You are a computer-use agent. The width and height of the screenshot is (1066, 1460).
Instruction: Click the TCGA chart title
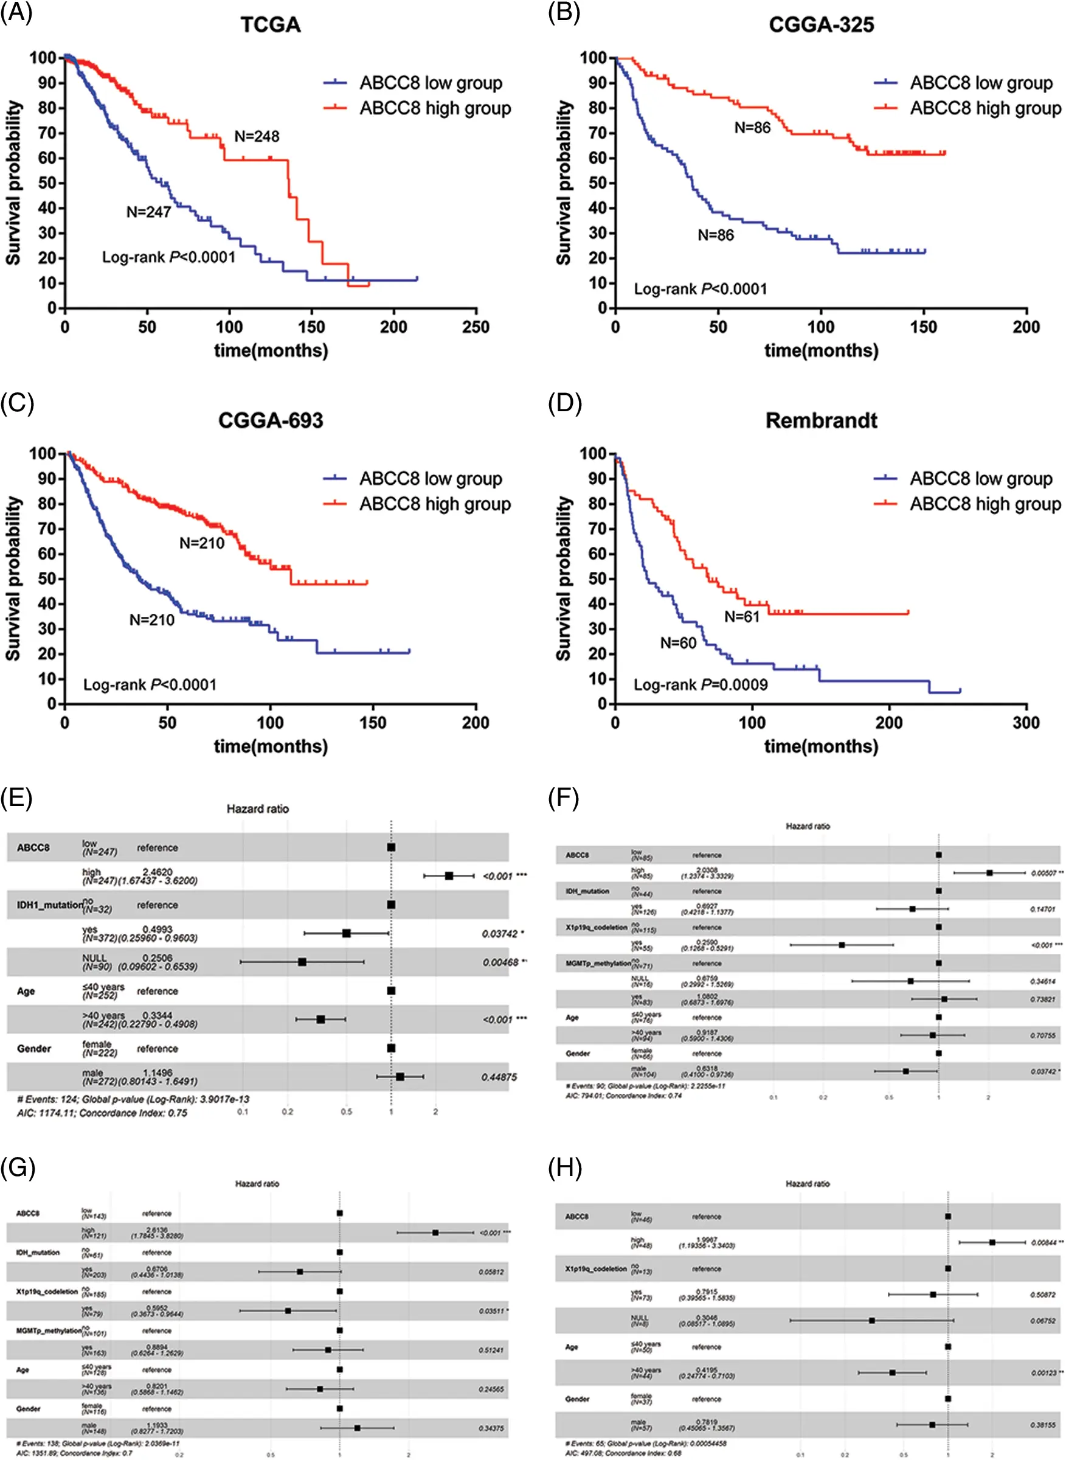(271, 25)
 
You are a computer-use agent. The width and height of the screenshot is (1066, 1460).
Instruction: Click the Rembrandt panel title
(821, 421)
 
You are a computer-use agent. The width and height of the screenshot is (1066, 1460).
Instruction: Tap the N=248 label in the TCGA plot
(257, 136)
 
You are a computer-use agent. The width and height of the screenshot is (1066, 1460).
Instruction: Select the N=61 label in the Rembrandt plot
(741, 616)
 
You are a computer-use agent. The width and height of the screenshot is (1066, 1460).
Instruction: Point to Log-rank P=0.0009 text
(700, 685)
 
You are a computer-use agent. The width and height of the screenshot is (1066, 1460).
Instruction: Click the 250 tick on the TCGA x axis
(476, 327)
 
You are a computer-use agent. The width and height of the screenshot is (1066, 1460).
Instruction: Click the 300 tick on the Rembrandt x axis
(1026, 723)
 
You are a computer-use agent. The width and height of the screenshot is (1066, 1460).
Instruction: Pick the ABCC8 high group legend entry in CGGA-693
(434, 504)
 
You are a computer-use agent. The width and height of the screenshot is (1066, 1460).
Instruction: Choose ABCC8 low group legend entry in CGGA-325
(981, 83)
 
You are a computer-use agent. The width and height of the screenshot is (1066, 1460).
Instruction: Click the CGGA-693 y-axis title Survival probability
(13, 579)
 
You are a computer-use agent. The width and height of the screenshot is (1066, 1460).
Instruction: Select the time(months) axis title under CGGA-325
(821, 351)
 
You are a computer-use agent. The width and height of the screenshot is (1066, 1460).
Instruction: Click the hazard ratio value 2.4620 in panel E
(157, 871)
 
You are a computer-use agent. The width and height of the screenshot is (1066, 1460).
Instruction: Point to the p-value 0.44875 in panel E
(499, 1077)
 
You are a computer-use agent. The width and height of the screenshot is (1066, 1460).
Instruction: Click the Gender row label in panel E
(33, 1049)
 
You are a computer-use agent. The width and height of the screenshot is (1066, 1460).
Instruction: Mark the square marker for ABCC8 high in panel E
(449, 876)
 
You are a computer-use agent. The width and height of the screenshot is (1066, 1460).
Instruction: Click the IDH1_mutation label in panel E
(49, 905)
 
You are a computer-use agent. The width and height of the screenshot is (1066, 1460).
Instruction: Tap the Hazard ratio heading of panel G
(257, 1184)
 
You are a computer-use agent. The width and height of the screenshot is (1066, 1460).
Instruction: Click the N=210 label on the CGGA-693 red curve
(202, 543)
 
